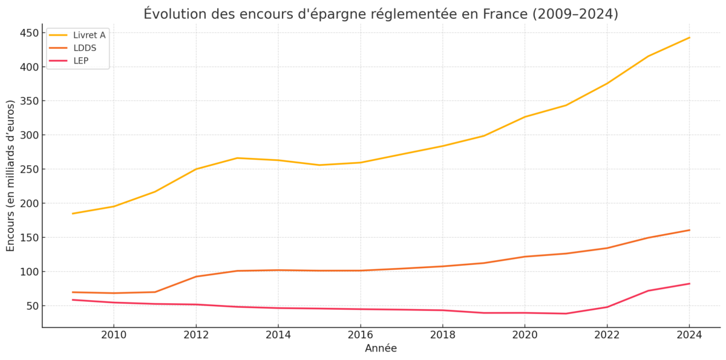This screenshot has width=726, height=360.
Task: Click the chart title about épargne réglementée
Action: pos(381,13)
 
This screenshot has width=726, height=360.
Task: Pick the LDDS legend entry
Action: pos(84,48)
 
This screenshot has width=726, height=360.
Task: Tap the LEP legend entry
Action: pos(80,61)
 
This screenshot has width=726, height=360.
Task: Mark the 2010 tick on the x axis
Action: pos(113,335)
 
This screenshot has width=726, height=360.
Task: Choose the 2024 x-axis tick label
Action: pos(689,335)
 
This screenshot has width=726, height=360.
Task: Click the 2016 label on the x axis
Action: pos(360,335)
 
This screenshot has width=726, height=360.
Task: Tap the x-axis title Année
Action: pos(381,349)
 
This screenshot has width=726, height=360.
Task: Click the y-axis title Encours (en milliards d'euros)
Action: pos(11,175)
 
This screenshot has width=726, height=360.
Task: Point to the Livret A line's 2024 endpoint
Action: pos(689,38)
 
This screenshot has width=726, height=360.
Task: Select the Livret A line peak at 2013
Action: pos(237,158)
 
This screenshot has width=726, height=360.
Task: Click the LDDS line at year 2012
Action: pos(195,277)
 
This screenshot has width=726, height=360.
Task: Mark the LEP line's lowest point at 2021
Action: pos(566,313)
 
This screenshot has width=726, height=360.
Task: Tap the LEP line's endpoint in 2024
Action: pos(689,284)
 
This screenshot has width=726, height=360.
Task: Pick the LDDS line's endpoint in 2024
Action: pos(689,230)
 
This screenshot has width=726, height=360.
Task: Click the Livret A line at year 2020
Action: pos(525,117)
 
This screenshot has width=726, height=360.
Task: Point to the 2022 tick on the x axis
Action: pos(607,335)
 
